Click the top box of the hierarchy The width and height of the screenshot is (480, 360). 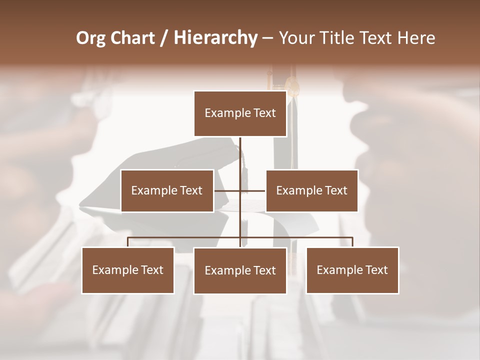point(240,113)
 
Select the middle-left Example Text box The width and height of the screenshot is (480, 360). point(167,190)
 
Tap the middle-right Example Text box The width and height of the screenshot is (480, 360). point(311,190)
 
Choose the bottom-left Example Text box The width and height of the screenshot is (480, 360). point(128,270)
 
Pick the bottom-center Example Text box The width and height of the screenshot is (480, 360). point(240,270)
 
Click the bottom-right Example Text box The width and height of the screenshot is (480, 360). point(352,270)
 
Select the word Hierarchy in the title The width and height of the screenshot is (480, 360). point(215,38)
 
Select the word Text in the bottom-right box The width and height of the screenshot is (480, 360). point(376,270)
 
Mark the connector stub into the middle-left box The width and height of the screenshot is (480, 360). point(226,190)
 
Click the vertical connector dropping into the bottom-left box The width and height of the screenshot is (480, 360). point(128,242)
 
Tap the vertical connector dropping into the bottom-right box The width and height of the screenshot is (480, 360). point(352,242)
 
